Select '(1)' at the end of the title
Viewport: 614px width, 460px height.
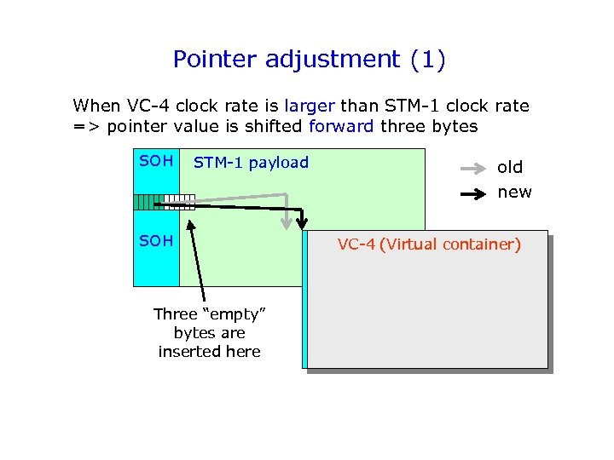coord(427,60)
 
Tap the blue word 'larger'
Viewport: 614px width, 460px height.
coord(310,106)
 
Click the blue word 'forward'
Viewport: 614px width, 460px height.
coord(340,126)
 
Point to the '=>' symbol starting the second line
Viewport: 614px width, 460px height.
coord(84,126)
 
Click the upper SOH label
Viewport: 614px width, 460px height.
coord(156,161)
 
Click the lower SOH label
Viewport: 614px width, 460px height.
coord(156,241)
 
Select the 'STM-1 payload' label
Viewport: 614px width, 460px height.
coord(251,162)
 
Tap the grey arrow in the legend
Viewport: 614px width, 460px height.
coord(473,168)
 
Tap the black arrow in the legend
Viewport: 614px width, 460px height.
coord(473,193)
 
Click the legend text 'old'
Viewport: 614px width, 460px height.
coord(510,167)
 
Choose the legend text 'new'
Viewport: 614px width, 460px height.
coord(514,192)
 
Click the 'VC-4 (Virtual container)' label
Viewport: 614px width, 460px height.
coord(429,244)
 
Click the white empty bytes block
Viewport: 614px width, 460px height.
coord(179,202)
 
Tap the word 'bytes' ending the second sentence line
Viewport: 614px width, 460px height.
coord(458,126)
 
